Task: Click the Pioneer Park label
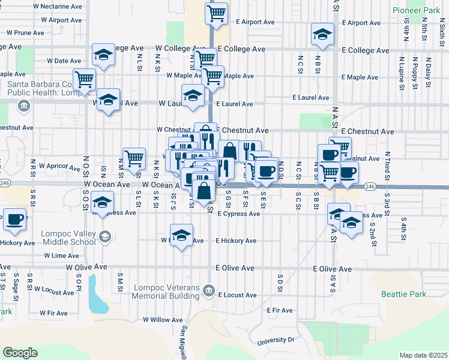click(x=417, y=11)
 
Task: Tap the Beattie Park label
click(x=403, y=294)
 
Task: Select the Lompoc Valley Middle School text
click(x=68, y=238)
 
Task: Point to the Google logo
click(x=20, y=353)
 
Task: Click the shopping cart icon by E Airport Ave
click(x=216, y=13)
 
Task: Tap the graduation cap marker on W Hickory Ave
click(x=181, y=235)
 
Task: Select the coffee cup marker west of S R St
click(x=15, y=219)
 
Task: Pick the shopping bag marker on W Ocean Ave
click(x=204, y=190)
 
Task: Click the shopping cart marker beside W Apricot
click(x=134, y=159)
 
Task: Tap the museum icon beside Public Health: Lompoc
click(x=24, y=107)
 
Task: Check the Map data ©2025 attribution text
click(x=423, y=355)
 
